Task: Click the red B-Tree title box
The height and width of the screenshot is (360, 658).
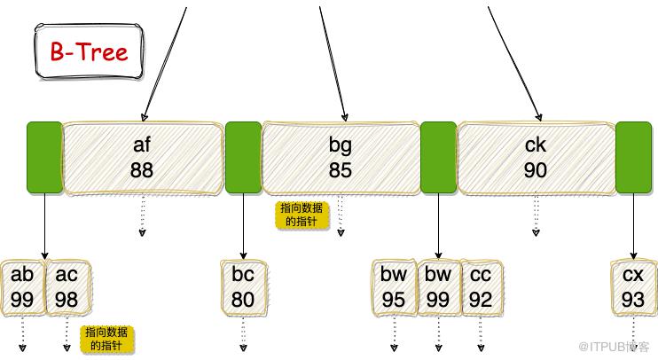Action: coord(89,51)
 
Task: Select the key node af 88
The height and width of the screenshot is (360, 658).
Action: coord(142,158)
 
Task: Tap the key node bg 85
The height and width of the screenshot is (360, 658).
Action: coord(341,158)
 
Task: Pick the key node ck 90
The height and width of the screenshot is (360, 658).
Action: coord(536,158)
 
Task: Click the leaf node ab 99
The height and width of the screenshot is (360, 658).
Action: coord(22,287)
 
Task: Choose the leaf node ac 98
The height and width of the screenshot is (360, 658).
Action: coord(67,287)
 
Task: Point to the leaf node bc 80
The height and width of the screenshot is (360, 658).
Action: coord(243,287)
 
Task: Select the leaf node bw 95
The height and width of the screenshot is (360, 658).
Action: coord(394,287)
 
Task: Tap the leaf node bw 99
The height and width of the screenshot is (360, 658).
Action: coord(438,287)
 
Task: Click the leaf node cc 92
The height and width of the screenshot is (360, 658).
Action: coord(482,287)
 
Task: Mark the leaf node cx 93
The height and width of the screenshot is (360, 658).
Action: coord(633,287)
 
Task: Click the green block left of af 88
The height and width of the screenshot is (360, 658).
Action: coord(44,157)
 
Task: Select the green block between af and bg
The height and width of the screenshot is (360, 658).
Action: coord(243,157)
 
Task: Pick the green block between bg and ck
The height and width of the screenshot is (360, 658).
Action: coord(439,157)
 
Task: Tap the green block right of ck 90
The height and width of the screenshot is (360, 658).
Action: coord(634,157)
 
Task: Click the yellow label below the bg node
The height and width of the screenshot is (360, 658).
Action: coord(302,215)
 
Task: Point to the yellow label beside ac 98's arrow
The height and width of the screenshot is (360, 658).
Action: coord(106,339)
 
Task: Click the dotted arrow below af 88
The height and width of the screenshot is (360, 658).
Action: coord(143,215)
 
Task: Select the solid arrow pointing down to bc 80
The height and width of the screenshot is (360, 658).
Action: coord(243,227)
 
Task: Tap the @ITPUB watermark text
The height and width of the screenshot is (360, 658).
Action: coord(614,347)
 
